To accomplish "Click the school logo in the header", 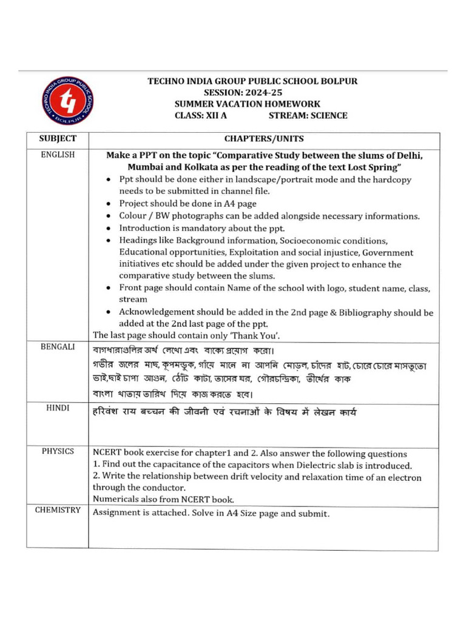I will (x=67, y=100).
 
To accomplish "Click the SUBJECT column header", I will (x=58, y=139).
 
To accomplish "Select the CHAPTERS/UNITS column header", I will (x=264, y=139).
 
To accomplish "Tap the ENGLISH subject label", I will (x=58, y=155).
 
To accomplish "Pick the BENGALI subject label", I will (x=58, y=347).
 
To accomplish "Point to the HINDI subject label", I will (x=58, y=408).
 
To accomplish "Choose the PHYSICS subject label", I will (x=58, y=451).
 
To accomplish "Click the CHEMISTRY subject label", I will (x=58, y=510).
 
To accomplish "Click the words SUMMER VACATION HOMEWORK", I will (x=247, y=104).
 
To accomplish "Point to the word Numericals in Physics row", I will (x=116, y=499).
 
